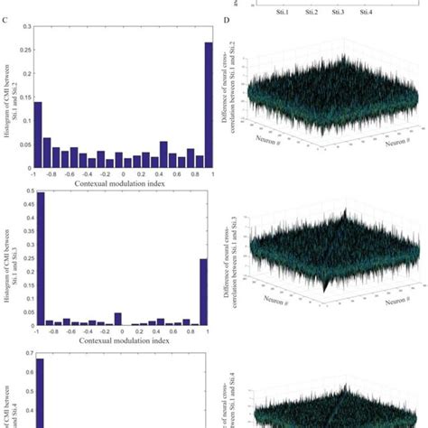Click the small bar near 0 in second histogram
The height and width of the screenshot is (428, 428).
pos(117,319)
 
